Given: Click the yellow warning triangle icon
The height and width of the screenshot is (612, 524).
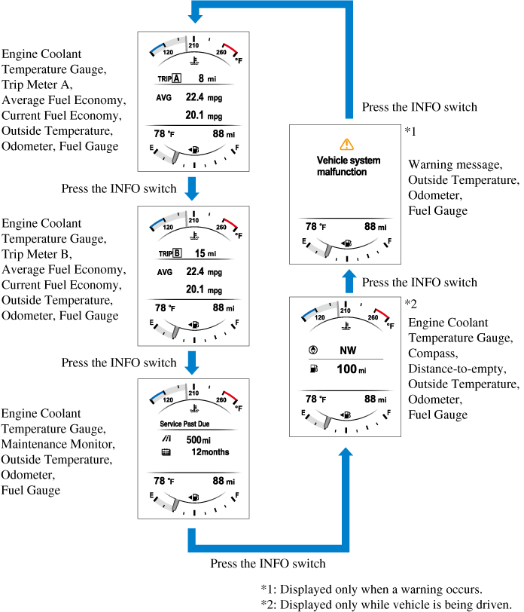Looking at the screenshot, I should [x=346, y=143].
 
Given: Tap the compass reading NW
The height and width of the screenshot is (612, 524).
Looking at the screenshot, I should [x=348, y=350].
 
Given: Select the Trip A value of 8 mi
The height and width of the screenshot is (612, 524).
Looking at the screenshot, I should [x=207, y=78].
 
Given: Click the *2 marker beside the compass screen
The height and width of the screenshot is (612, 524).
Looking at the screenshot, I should [x=411, y=303].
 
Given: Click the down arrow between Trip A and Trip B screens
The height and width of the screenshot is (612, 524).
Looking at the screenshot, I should [x=193, y=188].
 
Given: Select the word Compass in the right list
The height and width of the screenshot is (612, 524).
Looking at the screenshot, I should [x=433, y=354].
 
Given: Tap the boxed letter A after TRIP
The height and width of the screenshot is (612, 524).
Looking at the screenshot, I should [x=176, y=78].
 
